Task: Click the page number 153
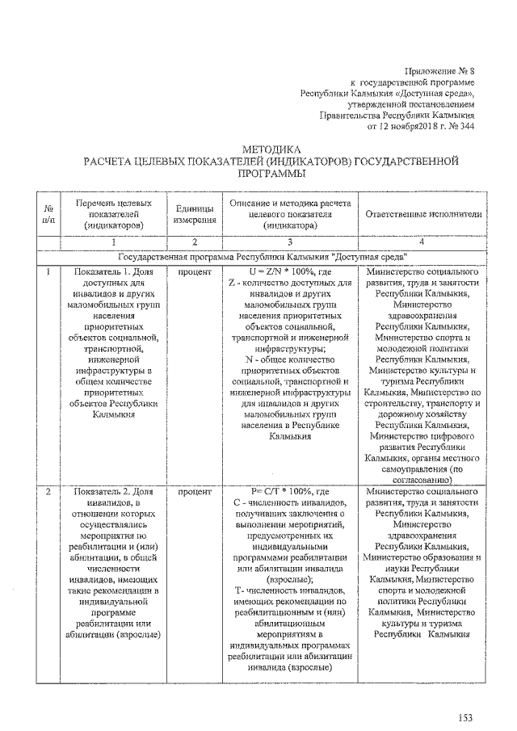(464, 716)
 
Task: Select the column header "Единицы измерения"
(194, 214)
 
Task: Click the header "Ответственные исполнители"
(423, 214)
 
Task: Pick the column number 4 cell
(422, 242)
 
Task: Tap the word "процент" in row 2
(194, 490)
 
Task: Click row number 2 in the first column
(49, 490)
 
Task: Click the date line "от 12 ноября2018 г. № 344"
(421, 126)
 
